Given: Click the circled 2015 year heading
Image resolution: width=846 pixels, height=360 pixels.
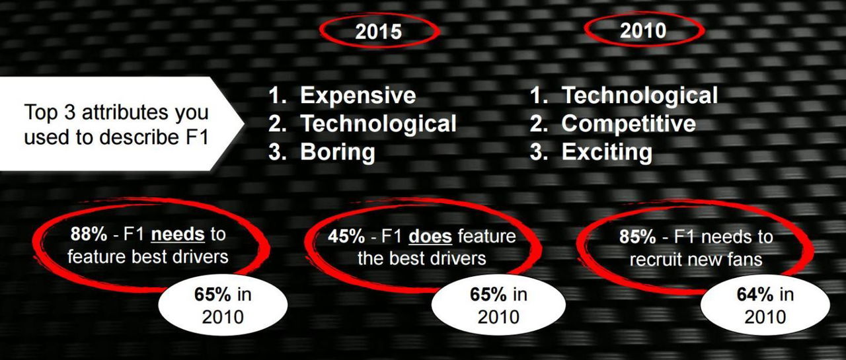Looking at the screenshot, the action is coord(379,31).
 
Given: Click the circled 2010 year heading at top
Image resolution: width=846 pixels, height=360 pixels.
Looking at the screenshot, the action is coord(643,30).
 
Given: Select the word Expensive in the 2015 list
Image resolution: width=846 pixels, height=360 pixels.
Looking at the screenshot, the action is coord(358,95).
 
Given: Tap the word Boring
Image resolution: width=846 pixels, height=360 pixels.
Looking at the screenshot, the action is coord(338,152).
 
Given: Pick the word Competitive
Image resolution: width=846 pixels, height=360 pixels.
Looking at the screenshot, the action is coord(629,124).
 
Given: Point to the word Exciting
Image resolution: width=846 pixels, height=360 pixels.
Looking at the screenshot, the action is coord(607,152).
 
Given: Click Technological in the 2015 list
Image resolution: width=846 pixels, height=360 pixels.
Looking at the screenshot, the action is coord(379,124).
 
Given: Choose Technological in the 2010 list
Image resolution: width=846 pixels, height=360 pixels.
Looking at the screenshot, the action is coord(640,95).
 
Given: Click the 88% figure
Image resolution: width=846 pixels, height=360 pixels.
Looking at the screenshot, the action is coord(89,234).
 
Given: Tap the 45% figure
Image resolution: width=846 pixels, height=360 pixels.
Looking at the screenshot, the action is coord(346,236).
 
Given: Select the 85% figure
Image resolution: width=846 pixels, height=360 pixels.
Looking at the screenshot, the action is coord(638,237).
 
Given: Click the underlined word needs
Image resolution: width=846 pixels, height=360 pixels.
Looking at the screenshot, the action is coord(178,234).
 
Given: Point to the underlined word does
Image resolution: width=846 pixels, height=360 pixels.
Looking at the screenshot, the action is coord(430,236).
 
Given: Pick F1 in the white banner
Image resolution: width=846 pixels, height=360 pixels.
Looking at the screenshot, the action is coord(197,137).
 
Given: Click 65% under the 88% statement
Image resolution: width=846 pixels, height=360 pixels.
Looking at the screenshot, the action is coord(213,295).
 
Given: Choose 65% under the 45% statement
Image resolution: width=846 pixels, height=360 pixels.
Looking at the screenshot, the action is coord(488,295).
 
